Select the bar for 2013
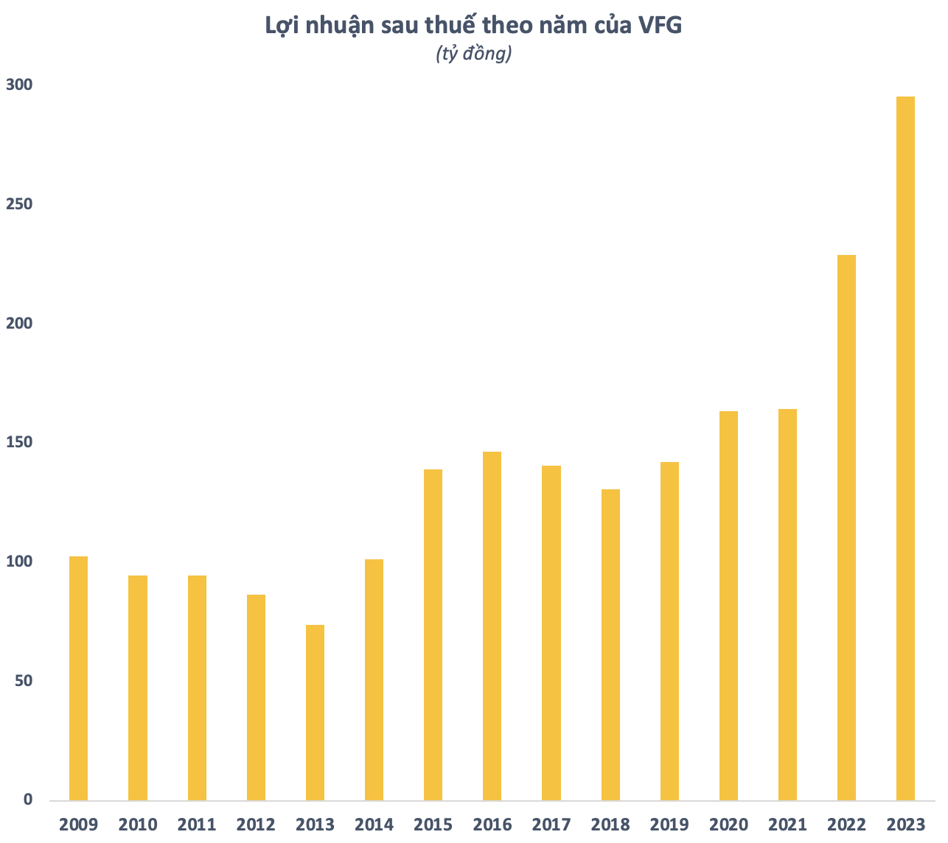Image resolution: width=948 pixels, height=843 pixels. [x=315, y=713]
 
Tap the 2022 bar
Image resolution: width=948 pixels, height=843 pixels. [x=846, y=528]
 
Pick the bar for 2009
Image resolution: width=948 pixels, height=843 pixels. [x=78, y=678]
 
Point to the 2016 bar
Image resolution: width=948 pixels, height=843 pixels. [x=492, y=626]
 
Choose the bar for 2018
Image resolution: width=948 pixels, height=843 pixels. [x=610, y=645]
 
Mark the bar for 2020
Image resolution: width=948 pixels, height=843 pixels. [x=728, y=606]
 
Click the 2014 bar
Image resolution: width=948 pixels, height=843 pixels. [x=374, y=679]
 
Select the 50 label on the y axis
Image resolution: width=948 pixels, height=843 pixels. [x=24, y=680]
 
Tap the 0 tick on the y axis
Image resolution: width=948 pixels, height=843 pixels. [x=28, y=800]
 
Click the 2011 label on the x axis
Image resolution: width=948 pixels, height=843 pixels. [x=197, y=824]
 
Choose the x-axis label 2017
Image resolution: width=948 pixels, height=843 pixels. [x=551, y=824]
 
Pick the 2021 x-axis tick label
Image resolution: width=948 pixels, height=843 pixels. [x=787, y=824]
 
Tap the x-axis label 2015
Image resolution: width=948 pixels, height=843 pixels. [x=433, y=824]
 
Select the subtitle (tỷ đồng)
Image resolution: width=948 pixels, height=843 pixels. [x=474, y=54]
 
